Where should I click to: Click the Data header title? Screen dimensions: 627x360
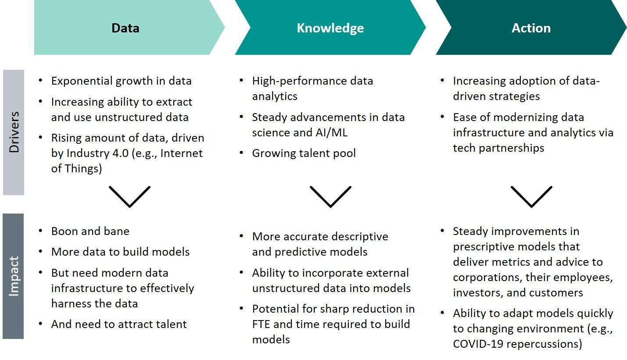click(x=125, y=28)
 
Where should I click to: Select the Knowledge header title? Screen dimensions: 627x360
click(x=330, y=29)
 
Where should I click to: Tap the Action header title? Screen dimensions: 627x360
click(x=531, y=28)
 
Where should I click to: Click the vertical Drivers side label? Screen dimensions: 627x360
click(x=14, y=132)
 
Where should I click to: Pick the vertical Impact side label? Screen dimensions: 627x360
click(x=14, y=276)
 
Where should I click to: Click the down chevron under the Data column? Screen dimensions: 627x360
click(x=129, y=196)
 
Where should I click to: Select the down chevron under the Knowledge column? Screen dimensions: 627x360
click(x=330, y=196)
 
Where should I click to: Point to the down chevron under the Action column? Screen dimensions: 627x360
click(x=531, y=196)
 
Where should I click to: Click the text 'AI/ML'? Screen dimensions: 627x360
click(x=332, y=132)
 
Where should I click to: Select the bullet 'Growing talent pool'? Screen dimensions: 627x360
click(x=304, y=153)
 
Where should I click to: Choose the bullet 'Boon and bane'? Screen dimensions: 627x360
click(x=90, y=232)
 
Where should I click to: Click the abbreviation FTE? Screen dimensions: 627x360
click(x=261, y=324)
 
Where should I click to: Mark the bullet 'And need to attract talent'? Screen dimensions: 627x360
click(x=119, y=324)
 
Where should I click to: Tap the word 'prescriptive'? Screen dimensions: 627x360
click(x=484, y=247)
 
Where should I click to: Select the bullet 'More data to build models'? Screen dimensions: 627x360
click(x=121, y=252)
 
